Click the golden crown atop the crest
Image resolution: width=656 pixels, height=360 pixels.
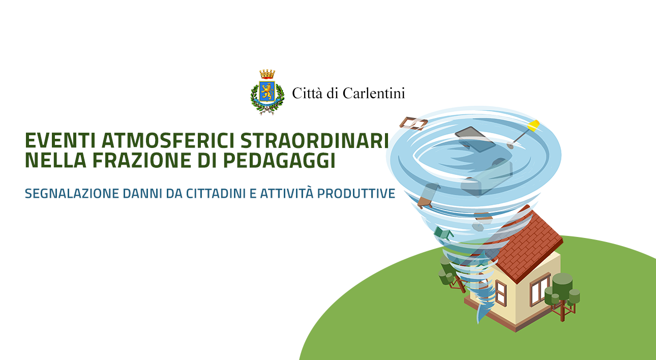(x=267, y=74)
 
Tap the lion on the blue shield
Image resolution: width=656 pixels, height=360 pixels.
(x=267, y=91)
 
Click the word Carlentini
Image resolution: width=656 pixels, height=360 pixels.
(x=374, y=93)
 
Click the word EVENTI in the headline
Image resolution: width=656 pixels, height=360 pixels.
(x=61, y=141)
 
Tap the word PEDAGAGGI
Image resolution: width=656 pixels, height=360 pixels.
(x=279, y=160)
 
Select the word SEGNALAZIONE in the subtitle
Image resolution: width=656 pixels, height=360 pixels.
(x=72, y=194)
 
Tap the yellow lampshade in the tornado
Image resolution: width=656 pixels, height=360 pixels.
(x=533, y=125)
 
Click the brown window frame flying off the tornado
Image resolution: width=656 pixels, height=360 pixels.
(x=413, y=124)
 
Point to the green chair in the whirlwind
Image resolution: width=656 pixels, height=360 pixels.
(x=443, y=233)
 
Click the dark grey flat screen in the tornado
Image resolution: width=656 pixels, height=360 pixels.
(x=475, y=139)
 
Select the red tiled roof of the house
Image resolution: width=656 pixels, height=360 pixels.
(x=524, y=243)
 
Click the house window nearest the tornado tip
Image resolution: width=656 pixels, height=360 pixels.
(x=500, y=293)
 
